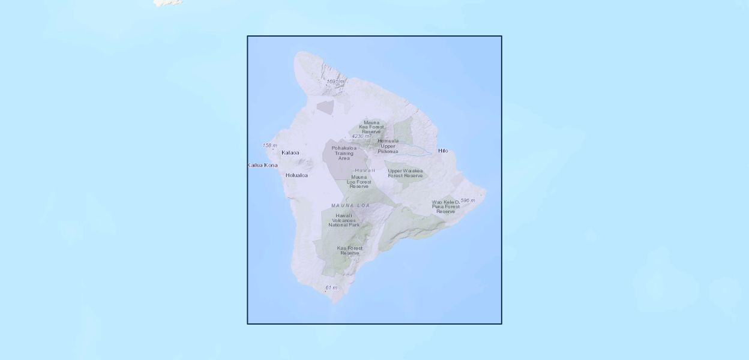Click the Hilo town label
tap(443, 151)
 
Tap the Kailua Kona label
tap(263, 165)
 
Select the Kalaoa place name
tap(290, 152)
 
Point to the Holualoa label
tap(296, 175)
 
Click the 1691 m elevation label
tap(335, 82)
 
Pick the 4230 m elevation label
tap(361, 136)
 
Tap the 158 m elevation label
tap(269, 145)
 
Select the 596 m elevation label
tap(468, 200)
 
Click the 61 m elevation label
tap(331, 287)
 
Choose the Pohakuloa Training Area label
tap(344, 153)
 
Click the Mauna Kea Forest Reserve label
tap(371, 127)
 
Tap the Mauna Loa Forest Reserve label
tap(359, 182)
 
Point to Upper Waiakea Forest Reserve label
tap(405, 173)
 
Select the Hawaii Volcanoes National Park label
tap(344, 220)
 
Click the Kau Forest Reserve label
tap(350, 250)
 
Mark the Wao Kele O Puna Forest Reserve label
tap(445, 207)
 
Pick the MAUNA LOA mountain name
tap(350, 206)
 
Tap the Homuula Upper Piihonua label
tap(388, 146)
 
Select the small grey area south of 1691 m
tap(325, 107)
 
